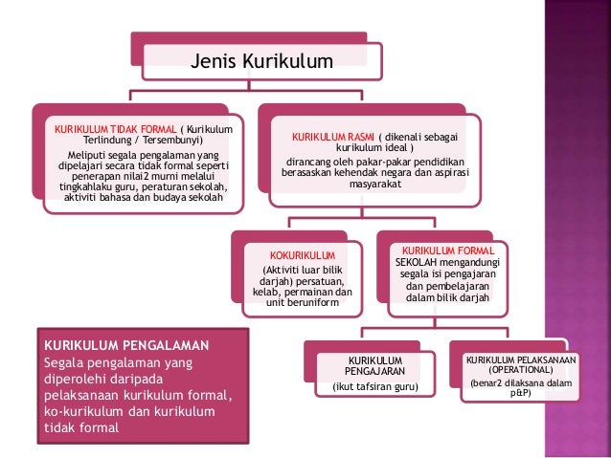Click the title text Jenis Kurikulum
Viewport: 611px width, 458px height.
[261, 61]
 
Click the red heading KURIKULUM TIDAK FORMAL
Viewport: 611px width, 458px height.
[115, 130]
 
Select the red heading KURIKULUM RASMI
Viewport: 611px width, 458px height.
[332, 137]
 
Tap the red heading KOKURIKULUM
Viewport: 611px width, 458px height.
[303, 255]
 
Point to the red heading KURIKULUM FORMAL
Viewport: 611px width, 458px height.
[448, 251]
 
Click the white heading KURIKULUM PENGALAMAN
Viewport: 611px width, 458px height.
[126, 345]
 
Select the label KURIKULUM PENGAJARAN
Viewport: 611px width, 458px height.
[374, 366]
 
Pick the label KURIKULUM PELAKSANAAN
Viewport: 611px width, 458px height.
[521, 360]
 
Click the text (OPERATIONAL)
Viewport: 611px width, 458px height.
[521, 370]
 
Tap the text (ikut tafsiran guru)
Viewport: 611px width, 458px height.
[375, 387]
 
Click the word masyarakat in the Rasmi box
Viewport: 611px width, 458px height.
[374, 184]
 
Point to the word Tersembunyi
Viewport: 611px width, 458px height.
[172, 141]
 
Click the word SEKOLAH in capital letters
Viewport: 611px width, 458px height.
[416, 262]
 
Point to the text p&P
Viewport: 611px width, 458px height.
[521, 393]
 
